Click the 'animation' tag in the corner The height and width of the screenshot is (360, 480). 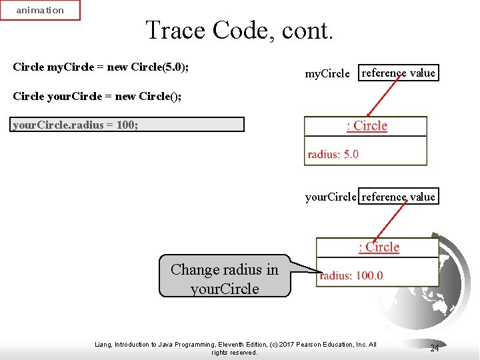coord(40,10)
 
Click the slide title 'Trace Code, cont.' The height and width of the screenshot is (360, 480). coord(239,30)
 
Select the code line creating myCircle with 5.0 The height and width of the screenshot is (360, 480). coord(105,67)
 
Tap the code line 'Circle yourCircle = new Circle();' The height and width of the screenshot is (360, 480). coord(97,97)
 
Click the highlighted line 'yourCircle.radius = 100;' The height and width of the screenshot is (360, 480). coord(76,125)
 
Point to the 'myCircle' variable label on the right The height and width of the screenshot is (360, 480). coord(327,74)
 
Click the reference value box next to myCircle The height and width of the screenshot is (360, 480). coord(398,73)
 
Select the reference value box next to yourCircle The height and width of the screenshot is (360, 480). coord(399,197)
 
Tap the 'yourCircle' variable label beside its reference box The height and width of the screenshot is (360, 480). coord(331,197)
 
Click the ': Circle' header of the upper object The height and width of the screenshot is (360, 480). coord(367,126)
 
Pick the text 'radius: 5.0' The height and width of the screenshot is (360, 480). coord(333,154)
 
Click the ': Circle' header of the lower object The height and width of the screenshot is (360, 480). coord(379,247)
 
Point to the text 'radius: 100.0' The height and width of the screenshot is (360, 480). coord(351,275)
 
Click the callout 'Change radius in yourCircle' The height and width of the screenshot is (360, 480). coord(225,279)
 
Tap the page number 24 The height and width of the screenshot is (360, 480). coord(434,348)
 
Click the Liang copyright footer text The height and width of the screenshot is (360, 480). coord(235,348)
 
